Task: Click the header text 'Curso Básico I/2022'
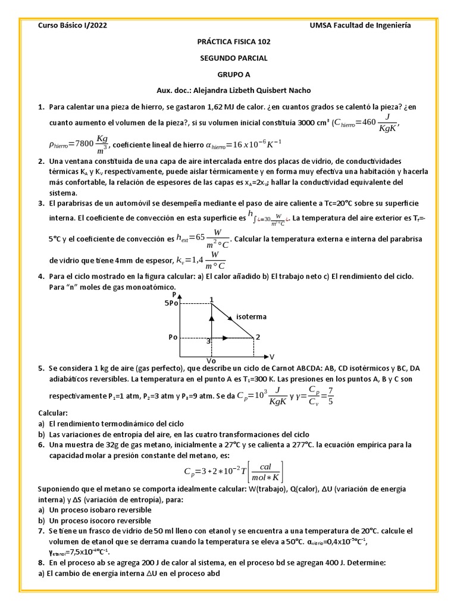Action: [73, 25]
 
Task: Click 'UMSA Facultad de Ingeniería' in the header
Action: [361, 25]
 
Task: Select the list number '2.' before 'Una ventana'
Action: [41, 161]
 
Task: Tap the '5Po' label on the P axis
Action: [170, 303]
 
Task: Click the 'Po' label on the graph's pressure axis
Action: [173, 337]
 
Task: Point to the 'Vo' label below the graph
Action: [211, 360]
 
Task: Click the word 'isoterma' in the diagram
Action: [251, 316]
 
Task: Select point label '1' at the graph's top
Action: [211, 298]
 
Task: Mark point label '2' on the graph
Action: [258, 337]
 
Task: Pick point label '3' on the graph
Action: [208, 341]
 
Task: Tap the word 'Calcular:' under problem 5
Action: [54, 413]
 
